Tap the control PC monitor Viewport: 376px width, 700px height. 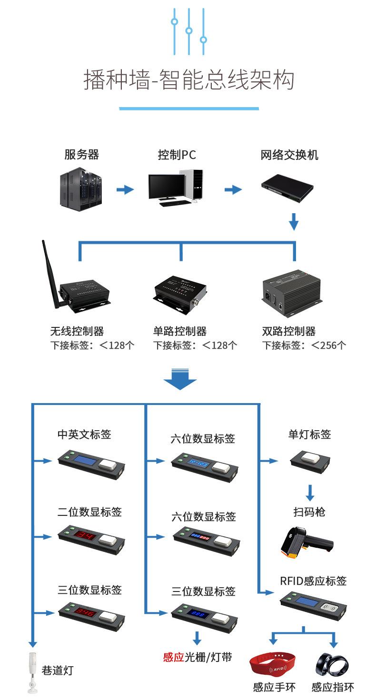[x=166, y=187]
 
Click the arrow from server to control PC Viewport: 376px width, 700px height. [x=125, y=190]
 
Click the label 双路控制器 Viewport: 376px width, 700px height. [x=288, y=331]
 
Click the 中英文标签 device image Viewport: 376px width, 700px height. [x=91, y=463]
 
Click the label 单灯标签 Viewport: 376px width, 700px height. [x=309, y=434]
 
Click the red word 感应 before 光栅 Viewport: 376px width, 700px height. [x=173, y=657]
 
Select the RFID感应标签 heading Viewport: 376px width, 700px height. [x=313, y=581]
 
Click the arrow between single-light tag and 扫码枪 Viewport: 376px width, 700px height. [x=310, y=492]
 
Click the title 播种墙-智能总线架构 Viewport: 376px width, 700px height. [x=188, y=80]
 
